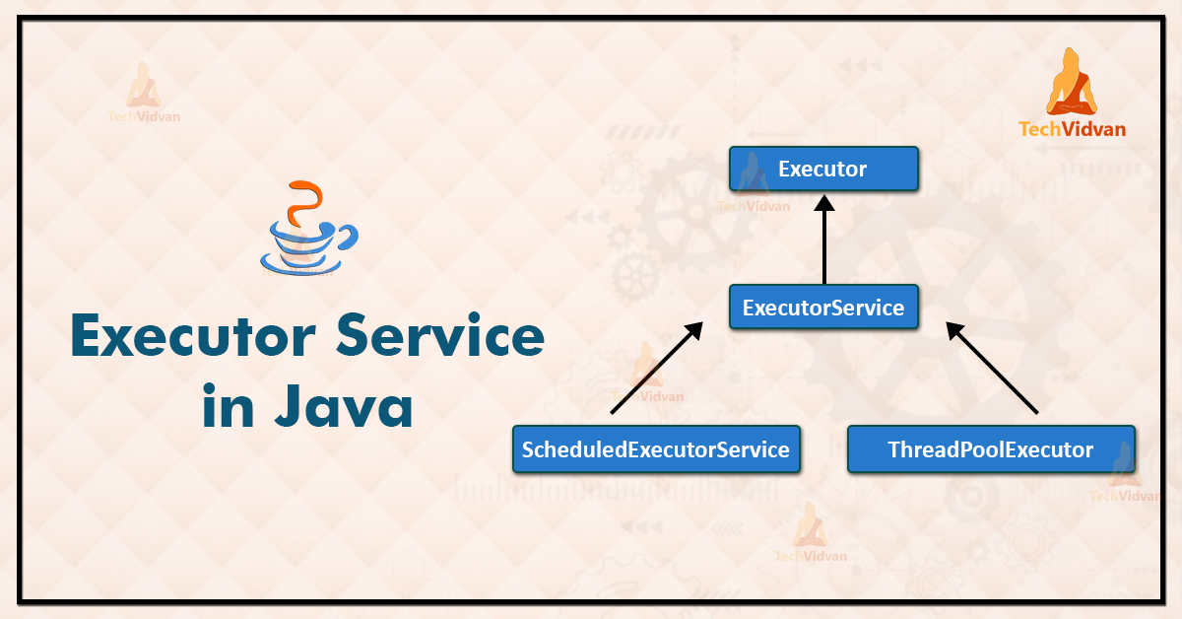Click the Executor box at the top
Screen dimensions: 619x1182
pos(823,169)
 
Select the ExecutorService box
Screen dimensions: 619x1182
pos(823,308)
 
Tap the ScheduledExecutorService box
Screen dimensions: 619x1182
pos(656,449)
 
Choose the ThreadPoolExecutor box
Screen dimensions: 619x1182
pos(991,449)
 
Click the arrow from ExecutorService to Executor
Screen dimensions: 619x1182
pos(824,241)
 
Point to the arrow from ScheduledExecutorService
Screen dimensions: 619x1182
pos(655,368)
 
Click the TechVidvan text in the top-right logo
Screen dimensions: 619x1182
pos(1072,128)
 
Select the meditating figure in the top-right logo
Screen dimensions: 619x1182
pos(1072,82)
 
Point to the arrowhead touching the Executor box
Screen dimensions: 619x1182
pos(824,202)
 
